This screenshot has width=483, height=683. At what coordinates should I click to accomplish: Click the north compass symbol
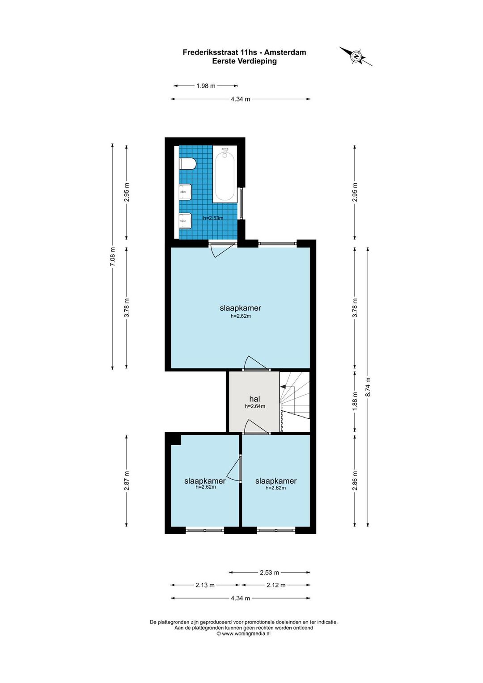356,56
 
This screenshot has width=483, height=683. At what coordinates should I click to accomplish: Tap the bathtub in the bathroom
225,174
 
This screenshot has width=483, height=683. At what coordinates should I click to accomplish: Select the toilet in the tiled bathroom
187,164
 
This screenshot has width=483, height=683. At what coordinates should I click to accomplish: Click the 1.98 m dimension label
206,86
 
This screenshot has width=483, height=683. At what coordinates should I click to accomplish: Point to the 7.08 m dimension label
113,257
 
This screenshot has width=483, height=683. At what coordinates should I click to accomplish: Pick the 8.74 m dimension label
368,387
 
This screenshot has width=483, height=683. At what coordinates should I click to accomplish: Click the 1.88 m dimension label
355,401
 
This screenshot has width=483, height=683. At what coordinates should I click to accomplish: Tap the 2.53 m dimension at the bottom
269,572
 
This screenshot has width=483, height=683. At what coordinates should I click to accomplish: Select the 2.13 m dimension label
205,585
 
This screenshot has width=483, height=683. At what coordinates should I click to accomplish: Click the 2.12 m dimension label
276,585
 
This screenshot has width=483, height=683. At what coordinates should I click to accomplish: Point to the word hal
254,399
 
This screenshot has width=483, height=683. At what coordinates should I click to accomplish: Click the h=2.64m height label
255,406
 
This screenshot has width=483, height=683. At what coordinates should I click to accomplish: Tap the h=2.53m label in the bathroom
213,218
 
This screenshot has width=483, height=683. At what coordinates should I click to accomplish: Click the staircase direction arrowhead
283,387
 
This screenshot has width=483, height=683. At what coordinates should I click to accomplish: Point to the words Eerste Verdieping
244,61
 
